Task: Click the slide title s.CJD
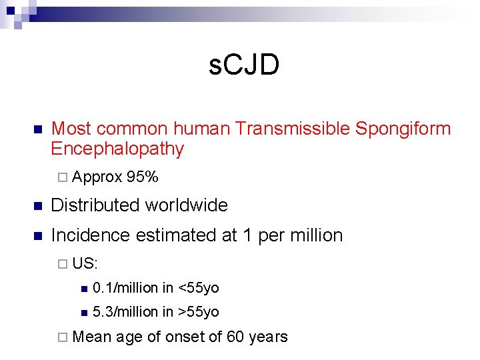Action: pos(244,66)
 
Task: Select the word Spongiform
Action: pos(403,129)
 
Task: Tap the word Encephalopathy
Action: pos(117,149)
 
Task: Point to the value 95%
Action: pos(143,177)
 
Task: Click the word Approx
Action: pos(97,177)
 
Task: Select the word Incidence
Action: pos(92,235)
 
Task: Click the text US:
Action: pos(85,263)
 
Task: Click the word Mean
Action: pos(92,337)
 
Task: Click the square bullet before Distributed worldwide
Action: pos(37,206)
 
